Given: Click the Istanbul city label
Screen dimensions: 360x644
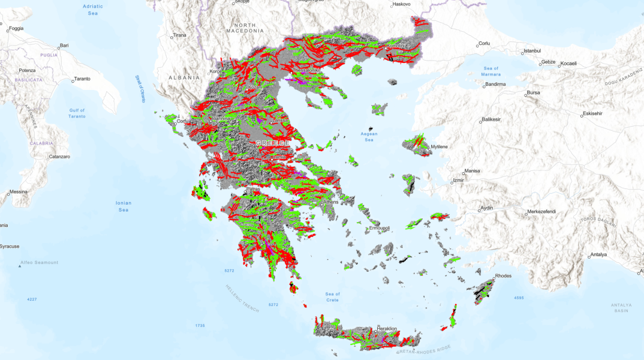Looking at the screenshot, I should coord(532,51).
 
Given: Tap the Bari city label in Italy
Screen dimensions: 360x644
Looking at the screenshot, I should coord(64,46).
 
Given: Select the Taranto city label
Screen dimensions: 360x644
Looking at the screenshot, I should coord(81,79).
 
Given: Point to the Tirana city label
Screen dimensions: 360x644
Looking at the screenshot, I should coord(179,35).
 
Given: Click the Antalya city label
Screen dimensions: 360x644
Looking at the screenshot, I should coord(598,254).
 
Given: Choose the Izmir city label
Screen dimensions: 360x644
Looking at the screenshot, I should coord(458,180).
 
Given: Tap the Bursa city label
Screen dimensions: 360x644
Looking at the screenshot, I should coord(533,92).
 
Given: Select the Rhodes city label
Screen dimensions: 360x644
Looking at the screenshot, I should coord(503,276).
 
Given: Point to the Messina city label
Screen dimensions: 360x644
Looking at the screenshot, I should coord(17,193).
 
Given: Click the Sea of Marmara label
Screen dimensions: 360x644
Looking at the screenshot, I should coord(490,71).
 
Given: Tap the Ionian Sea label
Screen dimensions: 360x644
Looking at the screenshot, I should coord(124,206).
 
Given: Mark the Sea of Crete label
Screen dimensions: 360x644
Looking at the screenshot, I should coord(332,296).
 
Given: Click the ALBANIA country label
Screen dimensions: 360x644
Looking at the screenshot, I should coord(184,77).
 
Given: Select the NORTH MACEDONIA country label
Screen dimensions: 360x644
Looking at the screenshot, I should coord(245,28).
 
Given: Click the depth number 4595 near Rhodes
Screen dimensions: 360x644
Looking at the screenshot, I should coord(519,298).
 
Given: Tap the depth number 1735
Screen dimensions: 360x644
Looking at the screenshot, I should coord(200,325).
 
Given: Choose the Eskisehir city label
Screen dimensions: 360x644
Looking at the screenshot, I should coord(594,113).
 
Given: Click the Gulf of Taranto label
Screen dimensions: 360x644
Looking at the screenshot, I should coord(77,113).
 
